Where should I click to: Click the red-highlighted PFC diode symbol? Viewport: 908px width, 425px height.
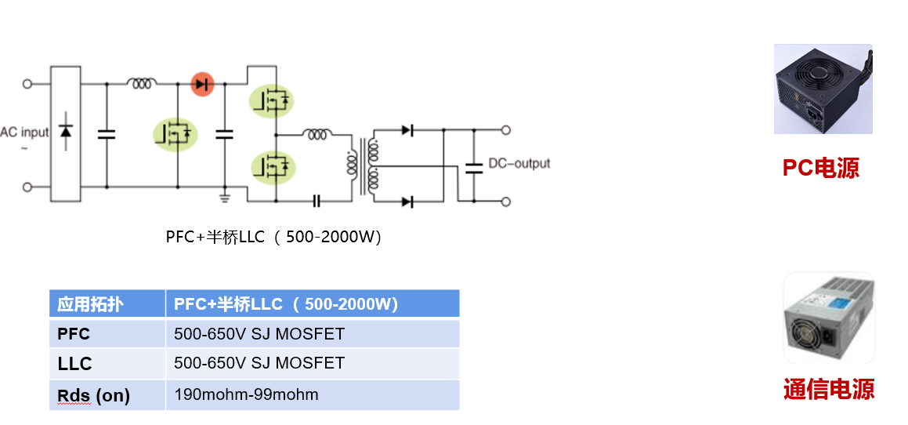[203, 83]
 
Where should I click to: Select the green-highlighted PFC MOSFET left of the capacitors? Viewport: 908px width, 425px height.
[176, 134]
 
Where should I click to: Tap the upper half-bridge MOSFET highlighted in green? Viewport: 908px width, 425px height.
[273, 100]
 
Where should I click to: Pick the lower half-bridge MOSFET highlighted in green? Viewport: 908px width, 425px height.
[273, 166]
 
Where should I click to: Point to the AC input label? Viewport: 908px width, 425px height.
[24, 133]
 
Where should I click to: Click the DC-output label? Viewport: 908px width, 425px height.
[519, 164]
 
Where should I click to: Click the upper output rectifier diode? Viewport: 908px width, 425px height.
[407, 130]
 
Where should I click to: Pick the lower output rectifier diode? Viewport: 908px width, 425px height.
[407, 202]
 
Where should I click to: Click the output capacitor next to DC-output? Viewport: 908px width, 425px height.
[473, 166]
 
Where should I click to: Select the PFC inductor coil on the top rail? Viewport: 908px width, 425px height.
[142, 82]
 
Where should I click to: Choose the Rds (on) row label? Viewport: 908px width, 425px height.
[93, 395]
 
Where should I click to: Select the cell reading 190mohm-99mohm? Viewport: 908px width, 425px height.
[247, 394]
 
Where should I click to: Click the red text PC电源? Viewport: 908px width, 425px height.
[820, 168]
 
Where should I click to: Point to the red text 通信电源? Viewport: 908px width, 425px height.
[829, 389]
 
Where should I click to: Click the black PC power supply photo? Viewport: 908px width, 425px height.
[823, 89]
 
